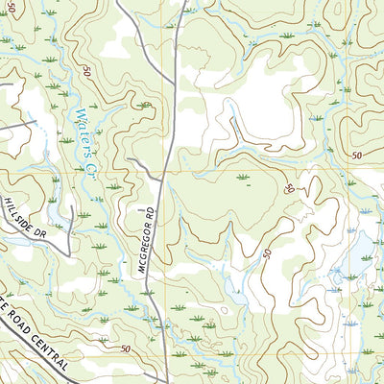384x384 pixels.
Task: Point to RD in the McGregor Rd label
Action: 152,210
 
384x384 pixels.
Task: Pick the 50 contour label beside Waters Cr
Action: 86,72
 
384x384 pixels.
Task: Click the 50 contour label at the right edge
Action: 356,156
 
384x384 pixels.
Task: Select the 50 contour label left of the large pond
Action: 265,252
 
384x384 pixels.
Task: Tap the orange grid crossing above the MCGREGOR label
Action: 164,171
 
